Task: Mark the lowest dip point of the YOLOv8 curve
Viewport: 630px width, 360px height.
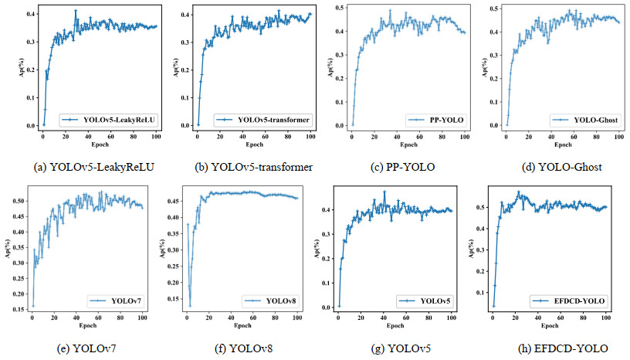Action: (x=190, y=306)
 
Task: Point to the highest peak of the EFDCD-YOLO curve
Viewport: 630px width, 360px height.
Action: (x=519, y=192)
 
